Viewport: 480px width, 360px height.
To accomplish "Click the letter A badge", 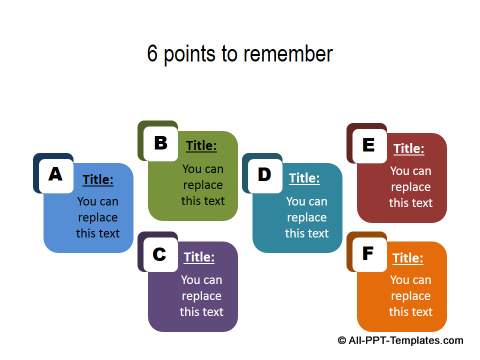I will click(x=55, y=174).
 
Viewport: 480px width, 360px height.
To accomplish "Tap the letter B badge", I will click(x=159, y=143).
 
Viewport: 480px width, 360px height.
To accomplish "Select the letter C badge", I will click(x=159, y=254).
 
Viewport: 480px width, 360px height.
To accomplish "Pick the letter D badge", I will click(x=264, y=174).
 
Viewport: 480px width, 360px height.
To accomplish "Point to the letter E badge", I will click(x=368, y=145).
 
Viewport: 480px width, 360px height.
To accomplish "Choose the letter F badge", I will click(x=368, y=254).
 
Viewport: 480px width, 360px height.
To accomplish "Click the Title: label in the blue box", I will click(x=98, y=180).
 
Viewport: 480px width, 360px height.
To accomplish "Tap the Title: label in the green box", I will click(x=201, y=146).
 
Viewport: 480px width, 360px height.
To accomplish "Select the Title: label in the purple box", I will click(x=199, y=257).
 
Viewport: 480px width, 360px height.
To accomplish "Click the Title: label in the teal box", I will click(x=304, y=178).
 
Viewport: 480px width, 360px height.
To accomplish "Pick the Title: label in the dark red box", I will click(x=409, y=149).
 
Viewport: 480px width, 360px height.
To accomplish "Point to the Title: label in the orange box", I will click(x=407, y=258).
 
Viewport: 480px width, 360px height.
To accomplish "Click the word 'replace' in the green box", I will click(x=203, y=185).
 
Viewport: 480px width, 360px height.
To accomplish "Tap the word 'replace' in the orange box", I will click(x=411, y=296).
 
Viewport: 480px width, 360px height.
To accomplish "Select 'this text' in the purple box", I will click(x=202, y=312).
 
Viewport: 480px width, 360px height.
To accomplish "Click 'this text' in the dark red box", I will click(x=411, y=203).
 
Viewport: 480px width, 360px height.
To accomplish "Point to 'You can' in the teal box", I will click(x=306, y=201).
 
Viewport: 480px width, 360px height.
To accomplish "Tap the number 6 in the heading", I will click(x=153, y=53).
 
